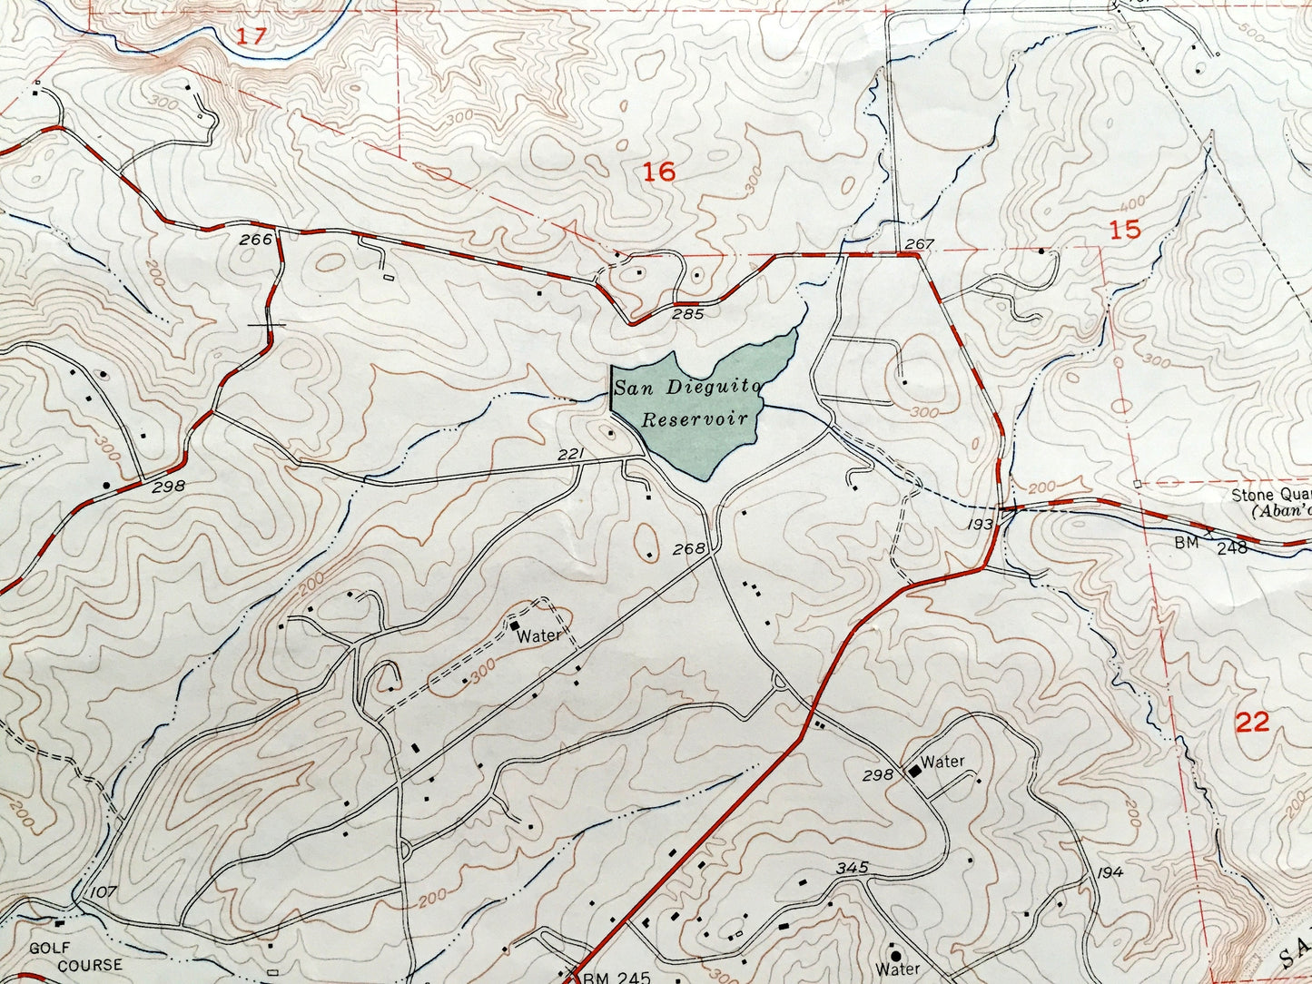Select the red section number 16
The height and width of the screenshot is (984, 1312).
point(660,171)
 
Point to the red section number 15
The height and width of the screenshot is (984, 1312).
point(1125,230)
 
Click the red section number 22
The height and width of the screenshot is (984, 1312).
point(1252,722)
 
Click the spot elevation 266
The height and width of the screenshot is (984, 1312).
point(257,240)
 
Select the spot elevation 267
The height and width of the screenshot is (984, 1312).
point(919,243)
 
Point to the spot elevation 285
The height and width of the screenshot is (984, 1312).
point(688,314)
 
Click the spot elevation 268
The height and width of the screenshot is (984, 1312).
point(690,549)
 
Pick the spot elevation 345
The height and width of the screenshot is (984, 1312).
point(853,868)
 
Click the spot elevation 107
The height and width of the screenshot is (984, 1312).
point(103,892)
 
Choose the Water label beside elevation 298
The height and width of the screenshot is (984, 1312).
point(942,762)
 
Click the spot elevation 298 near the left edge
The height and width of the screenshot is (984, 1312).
point(168,486)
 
